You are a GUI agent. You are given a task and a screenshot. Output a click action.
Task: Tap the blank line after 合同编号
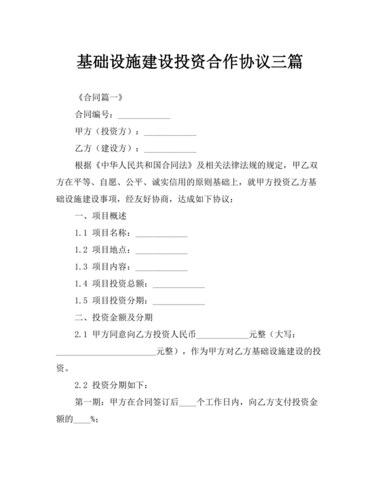click(144, 115)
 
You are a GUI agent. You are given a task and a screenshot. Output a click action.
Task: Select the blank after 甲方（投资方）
click(170, 132)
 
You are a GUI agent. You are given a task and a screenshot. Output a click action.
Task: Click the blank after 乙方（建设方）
click(170, 149)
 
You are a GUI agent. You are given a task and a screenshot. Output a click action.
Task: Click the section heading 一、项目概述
click(100, 216)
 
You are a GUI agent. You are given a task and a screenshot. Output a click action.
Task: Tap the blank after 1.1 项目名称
click(161, 233)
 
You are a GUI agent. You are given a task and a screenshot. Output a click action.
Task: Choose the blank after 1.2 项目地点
click(161, 250)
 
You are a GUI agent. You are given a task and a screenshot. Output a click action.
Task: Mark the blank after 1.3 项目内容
click(161, 267)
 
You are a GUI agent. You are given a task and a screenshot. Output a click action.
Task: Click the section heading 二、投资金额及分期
click(113, 318)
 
